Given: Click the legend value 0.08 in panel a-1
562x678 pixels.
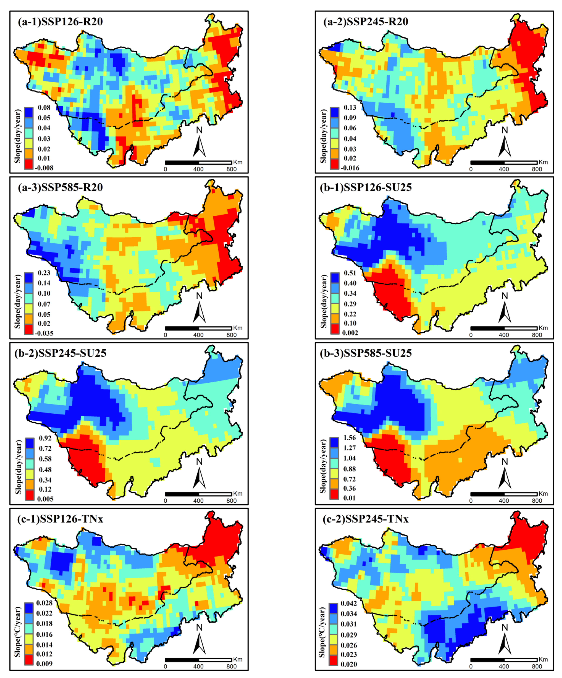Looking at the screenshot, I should (x=44, y=107).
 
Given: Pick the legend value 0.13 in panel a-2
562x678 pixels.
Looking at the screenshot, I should (x=350, y=107).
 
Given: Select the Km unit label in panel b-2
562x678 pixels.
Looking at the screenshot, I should (x=238, y=494).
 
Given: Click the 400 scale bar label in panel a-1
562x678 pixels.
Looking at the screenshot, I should (x=198, y=169).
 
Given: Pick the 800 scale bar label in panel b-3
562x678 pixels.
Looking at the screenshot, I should (x=537, y=501).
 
